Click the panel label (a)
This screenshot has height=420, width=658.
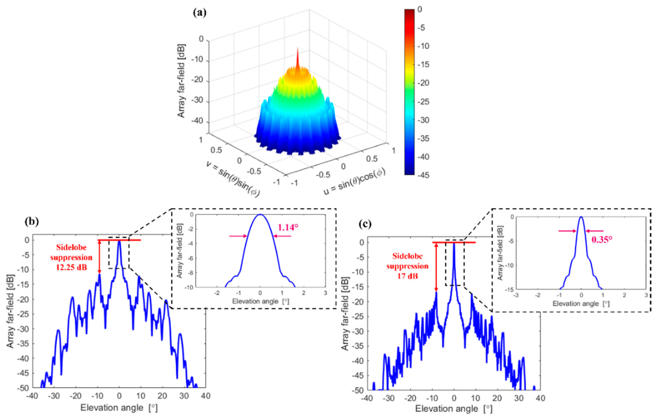click(200, 13)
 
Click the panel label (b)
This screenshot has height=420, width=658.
click(32, 221)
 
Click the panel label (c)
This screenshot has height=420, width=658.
click(365, 224)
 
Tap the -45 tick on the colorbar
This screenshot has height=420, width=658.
click(423, 175)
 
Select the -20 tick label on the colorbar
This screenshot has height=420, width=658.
click(423, 83)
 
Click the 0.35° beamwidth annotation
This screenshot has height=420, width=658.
click(602, 240)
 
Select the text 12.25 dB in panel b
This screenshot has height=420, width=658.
click(71, 267)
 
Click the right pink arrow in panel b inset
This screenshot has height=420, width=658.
click(282, 236)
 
